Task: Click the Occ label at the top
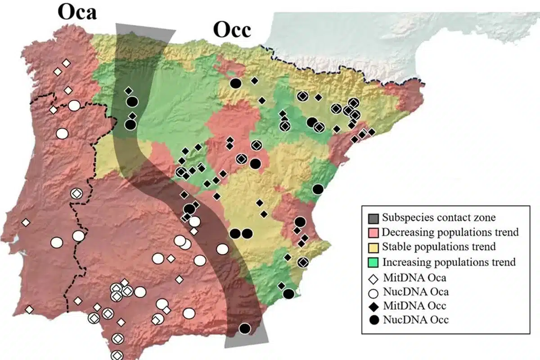231,31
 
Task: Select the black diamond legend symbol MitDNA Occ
373,306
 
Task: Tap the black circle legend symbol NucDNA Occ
373,321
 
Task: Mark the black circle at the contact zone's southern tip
244,328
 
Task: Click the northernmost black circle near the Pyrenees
235,83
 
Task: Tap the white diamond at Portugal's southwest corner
29,310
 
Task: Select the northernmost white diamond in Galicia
66,63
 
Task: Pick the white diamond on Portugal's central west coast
26,222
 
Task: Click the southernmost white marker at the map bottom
117,355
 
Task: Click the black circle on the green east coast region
318,189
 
